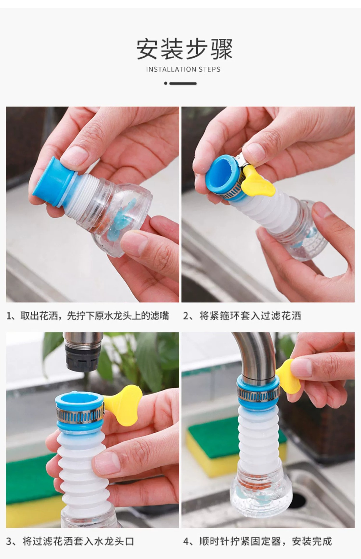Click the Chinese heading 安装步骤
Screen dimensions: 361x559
[185, 49]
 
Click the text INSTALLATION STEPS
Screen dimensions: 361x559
[183, 70]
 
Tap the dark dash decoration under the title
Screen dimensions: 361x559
[180, 84]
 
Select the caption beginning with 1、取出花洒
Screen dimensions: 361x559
[88, 316]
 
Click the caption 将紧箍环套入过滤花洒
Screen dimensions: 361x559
[250, 316]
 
